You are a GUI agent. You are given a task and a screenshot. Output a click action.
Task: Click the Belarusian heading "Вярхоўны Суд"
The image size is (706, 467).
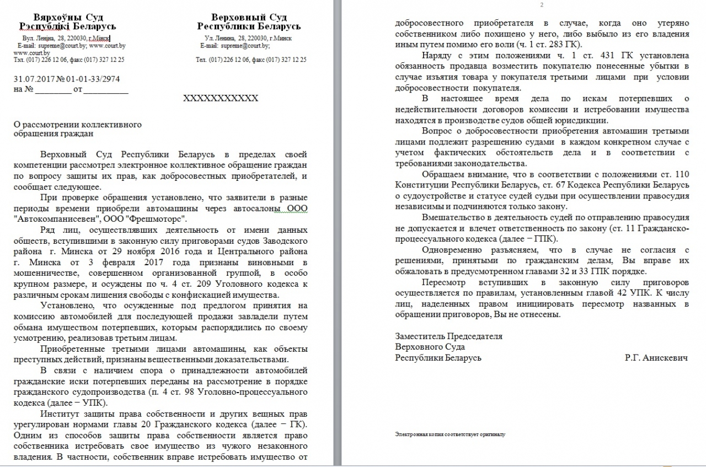click(68, 17)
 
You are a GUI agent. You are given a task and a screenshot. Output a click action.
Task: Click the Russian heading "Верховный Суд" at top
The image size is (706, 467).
click(249, 17)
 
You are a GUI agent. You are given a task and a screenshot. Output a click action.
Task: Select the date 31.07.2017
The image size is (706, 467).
click(34, 79)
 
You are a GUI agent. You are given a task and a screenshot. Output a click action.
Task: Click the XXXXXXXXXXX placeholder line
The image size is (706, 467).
click(221, 98)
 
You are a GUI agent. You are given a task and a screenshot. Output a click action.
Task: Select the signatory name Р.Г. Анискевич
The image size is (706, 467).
click(656, 358)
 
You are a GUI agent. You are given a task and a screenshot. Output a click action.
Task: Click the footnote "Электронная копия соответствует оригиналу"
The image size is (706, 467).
click(450, 434)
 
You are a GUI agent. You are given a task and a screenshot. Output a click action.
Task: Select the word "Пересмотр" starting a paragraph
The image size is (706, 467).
click(441, 282)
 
